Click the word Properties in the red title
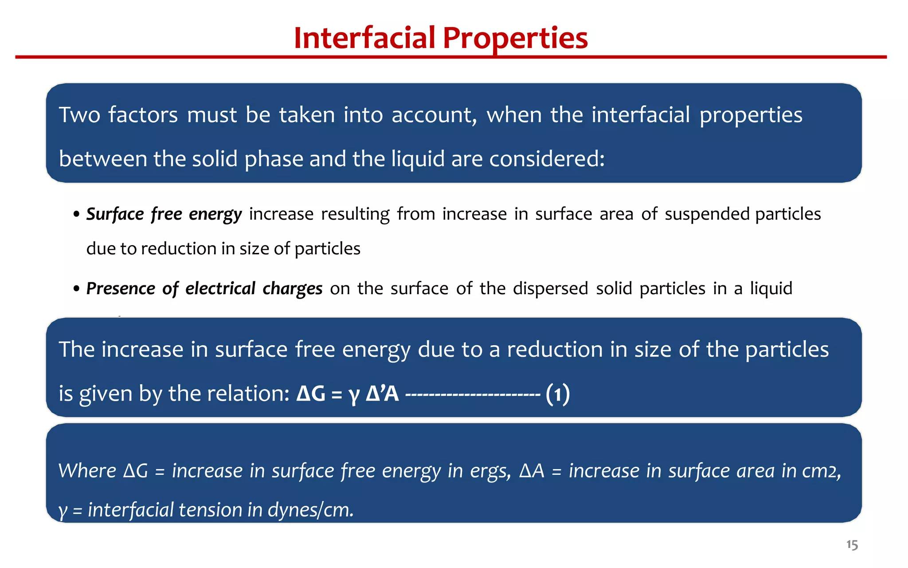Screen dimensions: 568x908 tap(515, 39)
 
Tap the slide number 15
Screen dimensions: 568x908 tap(852, 545)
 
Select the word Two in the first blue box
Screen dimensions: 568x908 tap(79, 115)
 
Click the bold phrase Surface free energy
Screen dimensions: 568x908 tap(164, 214)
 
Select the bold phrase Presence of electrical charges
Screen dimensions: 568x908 tap(204, 289)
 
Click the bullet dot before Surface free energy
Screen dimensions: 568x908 tap(77, 215)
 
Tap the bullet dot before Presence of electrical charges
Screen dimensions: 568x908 tap(77, 289)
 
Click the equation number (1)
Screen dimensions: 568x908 tap(558, 394)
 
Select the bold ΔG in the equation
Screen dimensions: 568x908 tap(311, 394)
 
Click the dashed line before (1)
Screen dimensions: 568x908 tap(473, 394)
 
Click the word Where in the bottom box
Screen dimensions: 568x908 tap(87, 471)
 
